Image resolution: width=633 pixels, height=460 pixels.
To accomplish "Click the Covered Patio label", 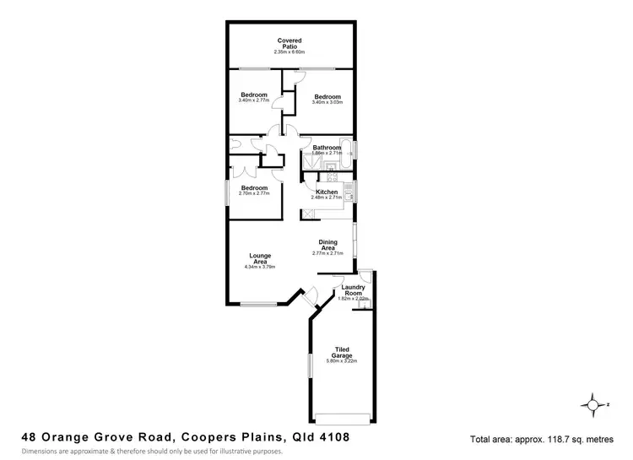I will (289, 43).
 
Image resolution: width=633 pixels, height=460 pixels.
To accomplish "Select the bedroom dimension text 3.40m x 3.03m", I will (327, 103).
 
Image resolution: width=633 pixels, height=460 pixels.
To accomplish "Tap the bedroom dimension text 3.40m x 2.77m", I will (254, 100).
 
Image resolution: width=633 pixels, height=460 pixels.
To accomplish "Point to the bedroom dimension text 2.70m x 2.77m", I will (254, 193).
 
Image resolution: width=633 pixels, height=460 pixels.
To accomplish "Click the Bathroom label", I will (327, 148).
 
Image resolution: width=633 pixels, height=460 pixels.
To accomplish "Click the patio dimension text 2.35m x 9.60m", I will (289, 52).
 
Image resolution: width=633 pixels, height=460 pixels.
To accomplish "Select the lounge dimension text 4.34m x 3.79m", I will (260, 267).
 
